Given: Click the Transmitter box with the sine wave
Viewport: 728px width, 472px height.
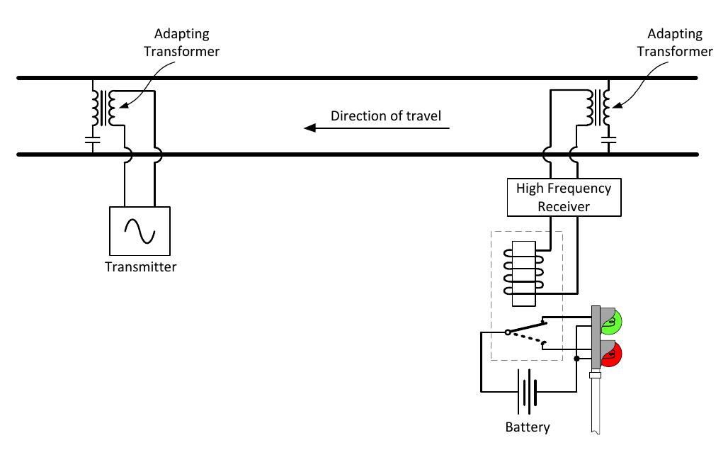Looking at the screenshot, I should (x=140, y=230).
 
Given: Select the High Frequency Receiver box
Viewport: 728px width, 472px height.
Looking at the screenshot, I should (x=563, y=197).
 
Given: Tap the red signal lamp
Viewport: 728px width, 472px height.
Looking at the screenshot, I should (x=610, y=353).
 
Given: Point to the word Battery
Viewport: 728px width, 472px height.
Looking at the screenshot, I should (x=527, y=427).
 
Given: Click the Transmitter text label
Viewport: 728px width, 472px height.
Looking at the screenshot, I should (x=140, y=267).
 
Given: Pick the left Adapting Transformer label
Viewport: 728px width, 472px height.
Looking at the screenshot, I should (x=181, y=43).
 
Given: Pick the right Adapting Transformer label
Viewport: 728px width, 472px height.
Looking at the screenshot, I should (x=675, y=43).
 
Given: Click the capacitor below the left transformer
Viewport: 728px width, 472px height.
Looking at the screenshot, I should (x=92, y=140).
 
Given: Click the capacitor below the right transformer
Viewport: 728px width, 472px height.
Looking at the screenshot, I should (x=607, y=140).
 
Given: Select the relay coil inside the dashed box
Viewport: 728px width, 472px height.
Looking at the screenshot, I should (x=523, y=273).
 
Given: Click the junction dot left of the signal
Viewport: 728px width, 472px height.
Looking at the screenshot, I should (x=576, y=359).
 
